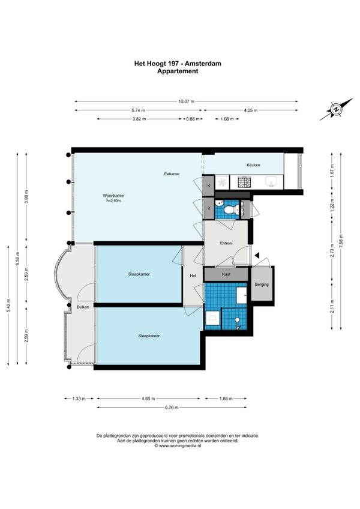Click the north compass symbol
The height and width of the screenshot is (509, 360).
tap(337, 109)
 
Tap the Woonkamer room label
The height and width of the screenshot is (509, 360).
tap(113, 196)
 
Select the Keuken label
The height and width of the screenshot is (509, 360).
tap(253, 165)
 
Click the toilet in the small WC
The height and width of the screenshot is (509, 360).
tap(232, 209)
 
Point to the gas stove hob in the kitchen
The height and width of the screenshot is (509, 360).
tap(243, 182)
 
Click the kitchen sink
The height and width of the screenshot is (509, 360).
tap(271, 182)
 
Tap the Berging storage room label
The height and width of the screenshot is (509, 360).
tap(262, 285)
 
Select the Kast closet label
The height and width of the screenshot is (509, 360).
tap(226, 274)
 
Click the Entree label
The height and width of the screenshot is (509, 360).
tap(226, 243)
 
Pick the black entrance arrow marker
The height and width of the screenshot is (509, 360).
tap(257, 256)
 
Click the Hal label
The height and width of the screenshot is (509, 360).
tap(193, 276)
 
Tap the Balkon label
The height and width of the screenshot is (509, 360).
tap(83, 307)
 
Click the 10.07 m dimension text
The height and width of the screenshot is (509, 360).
tap(187, 101)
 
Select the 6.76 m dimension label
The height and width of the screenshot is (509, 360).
tap(172, 408)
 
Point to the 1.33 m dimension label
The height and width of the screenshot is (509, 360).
tap(79, 399)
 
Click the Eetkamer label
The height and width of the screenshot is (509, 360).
tap(172, 174)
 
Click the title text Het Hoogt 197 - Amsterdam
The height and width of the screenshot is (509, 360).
tap(178, 63)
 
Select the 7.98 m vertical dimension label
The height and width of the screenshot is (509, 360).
tap(341, 241)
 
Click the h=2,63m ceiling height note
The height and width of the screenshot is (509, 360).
tap(113, 200)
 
